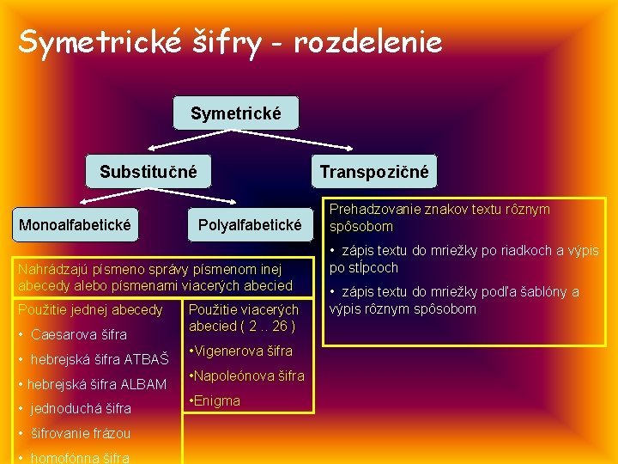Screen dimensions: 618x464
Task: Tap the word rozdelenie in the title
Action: point(368,40)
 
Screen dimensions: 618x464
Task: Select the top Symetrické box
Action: point(235,113)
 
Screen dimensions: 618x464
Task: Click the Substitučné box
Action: point(148,172)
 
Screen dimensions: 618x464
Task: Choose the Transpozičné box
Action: point(373,172)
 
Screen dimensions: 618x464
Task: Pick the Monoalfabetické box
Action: point(75,225)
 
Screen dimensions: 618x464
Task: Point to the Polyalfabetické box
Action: point(250,225)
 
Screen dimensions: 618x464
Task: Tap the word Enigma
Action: point(218,400)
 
